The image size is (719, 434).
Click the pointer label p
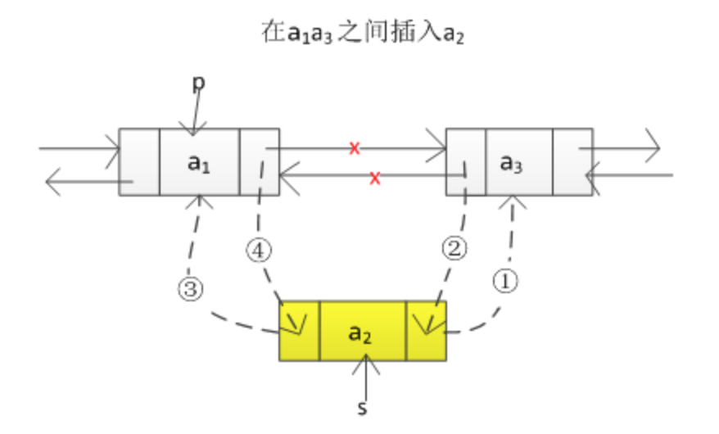click(x=198, y=83)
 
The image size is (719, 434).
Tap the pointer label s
click(x=362, y=408)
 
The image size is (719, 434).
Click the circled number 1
click(x=505, y=281)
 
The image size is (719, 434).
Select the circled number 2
click(x=454, y=248)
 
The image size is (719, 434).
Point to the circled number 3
click(x=191, y=289)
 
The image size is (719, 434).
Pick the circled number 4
click(x=259, y=251)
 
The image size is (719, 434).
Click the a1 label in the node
click(x=198, y=163)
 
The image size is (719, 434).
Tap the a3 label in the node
click(x=511, y=163)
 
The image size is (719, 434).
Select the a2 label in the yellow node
click(x=360, y=333)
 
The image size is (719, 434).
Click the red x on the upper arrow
click(x=354, y=148)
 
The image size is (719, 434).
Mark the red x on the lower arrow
click(x=374, y=178)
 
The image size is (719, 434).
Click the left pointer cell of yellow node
click(x=300, y=331)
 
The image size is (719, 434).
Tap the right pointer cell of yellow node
click(x=426, y=331)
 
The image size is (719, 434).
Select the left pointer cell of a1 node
click(x=139, y=162)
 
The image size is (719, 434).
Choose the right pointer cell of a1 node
click(x=259, y=162)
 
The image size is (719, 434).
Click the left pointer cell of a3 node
click(x=466, y=162)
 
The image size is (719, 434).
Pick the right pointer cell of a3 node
click(x=572, y=162)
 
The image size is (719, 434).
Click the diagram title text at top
click(x=363, y=33)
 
